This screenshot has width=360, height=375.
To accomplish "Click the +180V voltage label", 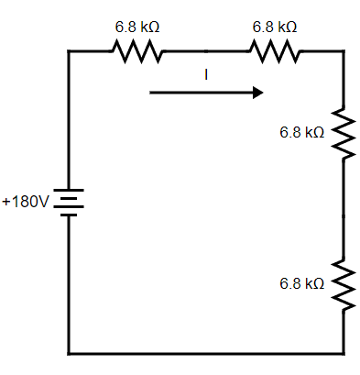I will point(25,201).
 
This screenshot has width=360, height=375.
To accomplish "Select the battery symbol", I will point(68,201).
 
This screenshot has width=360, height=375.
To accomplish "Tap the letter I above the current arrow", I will point(206,75).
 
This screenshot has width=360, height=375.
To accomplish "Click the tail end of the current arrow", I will point(151,92).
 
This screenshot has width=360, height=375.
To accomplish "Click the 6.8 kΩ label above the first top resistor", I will point(137,28).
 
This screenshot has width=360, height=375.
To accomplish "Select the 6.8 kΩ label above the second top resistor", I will point(275,28).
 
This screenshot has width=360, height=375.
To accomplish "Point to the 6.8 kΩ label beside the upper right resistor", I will point(302,133).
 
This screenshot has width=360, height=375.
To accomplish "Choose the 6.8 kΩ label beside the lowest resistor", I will point(302,284).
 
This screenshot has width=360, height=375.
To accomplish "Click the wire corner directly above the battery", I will point(68,52).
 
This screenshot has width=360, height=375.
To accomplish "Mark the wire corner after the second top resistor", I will point(343,52).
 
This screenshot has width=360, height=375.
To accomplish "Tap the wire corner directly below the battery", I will point(68,353).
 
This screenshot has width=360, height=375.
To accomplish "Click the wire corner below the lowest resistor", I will point(343,353).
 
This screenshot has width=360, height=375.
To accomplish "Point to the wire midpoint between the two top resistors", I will point(206,52).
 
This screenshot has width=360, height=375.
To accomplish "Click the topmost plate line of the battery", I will point(68,191).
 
